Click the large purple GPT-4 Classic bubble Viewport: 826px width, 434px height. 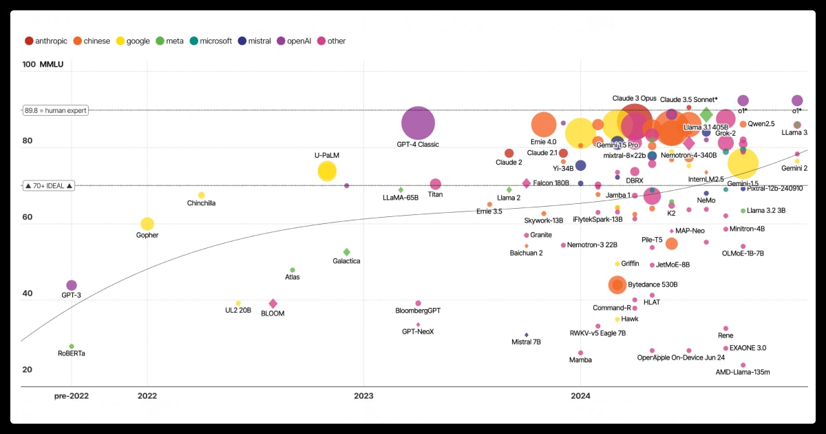pos(418,124)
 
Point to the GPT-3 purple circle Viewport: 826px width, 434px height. pos(72,285)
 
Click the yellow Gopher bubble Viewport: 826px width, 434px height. pos(147,224)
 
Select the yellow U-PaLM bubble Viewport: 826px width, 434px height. pos(327,172)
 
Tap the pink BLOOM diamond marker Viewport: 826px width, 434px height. pos(273,304)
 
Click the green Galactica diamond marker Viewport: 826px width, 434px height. pos(347,252)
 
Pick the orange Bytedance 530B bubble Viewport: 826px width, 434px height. pos(617,285)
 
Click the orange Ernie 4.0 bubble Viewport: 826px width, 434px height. pos(544,125)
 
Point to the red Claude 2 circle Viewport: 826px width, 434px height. pos(509,153)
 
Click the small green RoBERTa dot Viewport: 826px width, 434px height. pos(72,347)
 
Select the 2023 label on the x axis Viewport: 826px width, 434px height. pos(363,396)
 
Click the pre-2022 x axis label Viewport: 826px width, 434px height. pos(72,396)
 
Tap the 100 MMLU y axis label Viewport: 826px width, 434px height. pos(43,65)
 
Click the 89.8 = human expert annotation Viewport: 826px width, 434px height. pos(56,110)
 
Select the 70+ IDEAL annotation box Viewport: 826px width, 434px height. pos(48,186)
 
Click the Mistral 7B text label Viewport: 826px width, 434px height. pos(527,342)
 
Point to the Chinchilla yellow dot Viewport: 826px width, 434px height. pos(202,195)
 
